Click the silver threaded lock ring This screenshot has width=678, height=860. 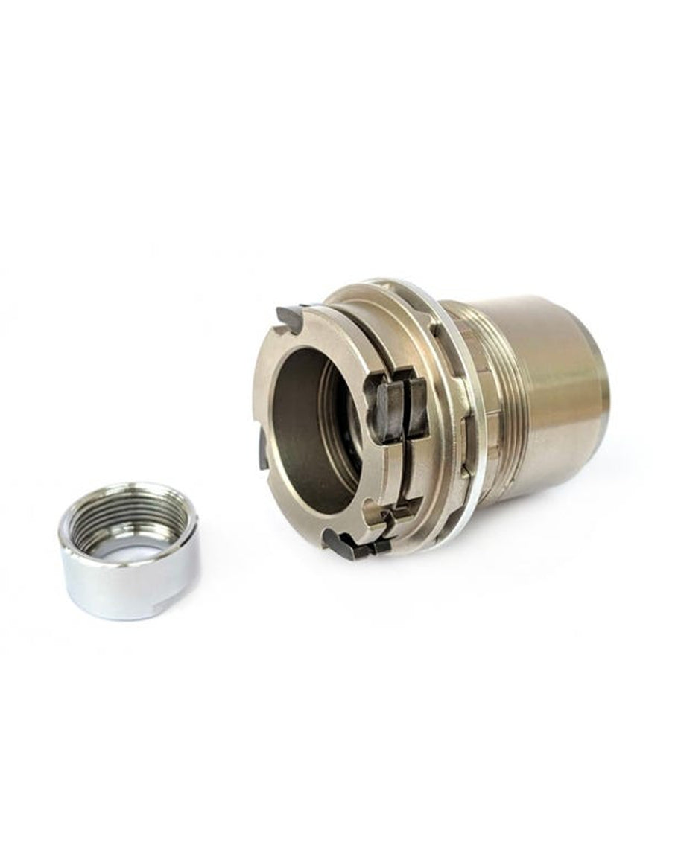pyautogui.click(x=128, y=551)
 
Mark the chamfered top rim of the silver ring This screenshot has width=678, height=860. pyautogui.click(x=130, y=491)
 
